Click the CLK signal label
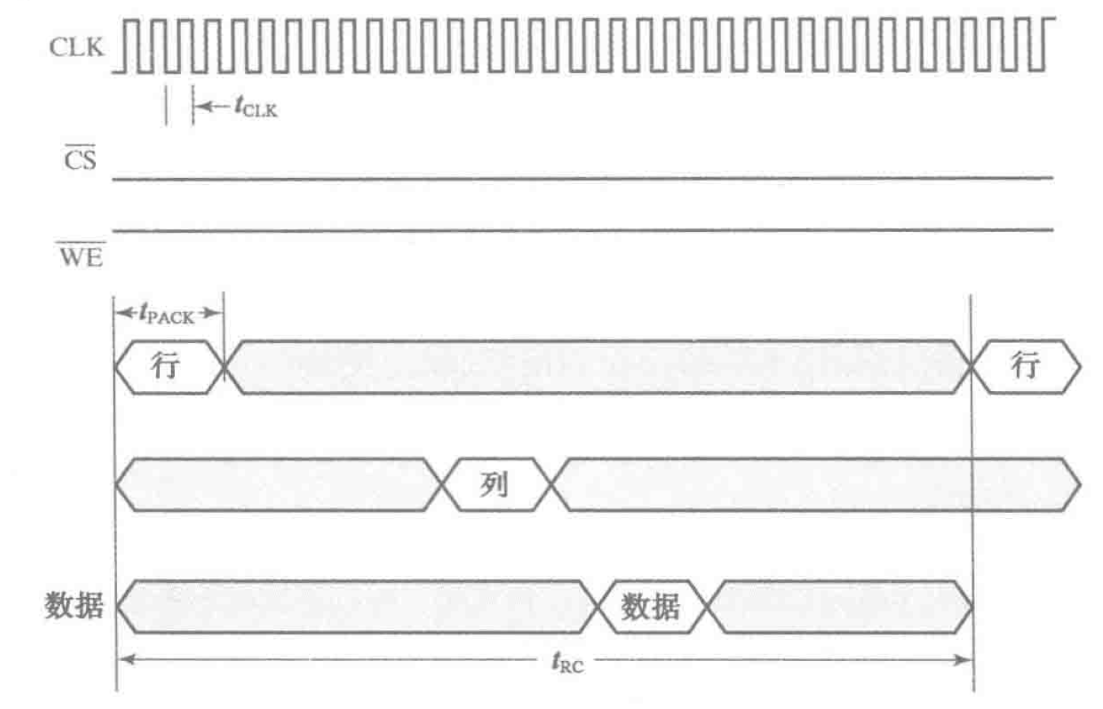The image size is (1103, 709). (75, 47)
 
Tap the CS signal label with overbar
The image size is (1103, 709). (80, 160)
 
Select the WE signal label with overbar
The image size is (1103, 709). (81, 256)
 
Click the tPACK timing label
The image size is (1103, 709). (167, 313)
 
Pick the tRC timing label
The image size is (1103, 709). (567, 663)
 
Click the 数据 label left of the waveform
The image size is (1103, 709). (74, 606)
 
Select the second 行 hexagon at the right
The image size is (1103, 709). (1025, 367)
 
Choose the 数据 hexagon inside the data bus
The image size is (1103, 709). (651, 607)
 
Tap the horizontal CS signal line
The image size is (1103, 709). (582, 179)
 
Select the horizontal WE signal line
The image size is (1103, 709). (582, 229)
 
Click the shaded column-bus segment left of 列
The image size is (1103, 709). (278, 485)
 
